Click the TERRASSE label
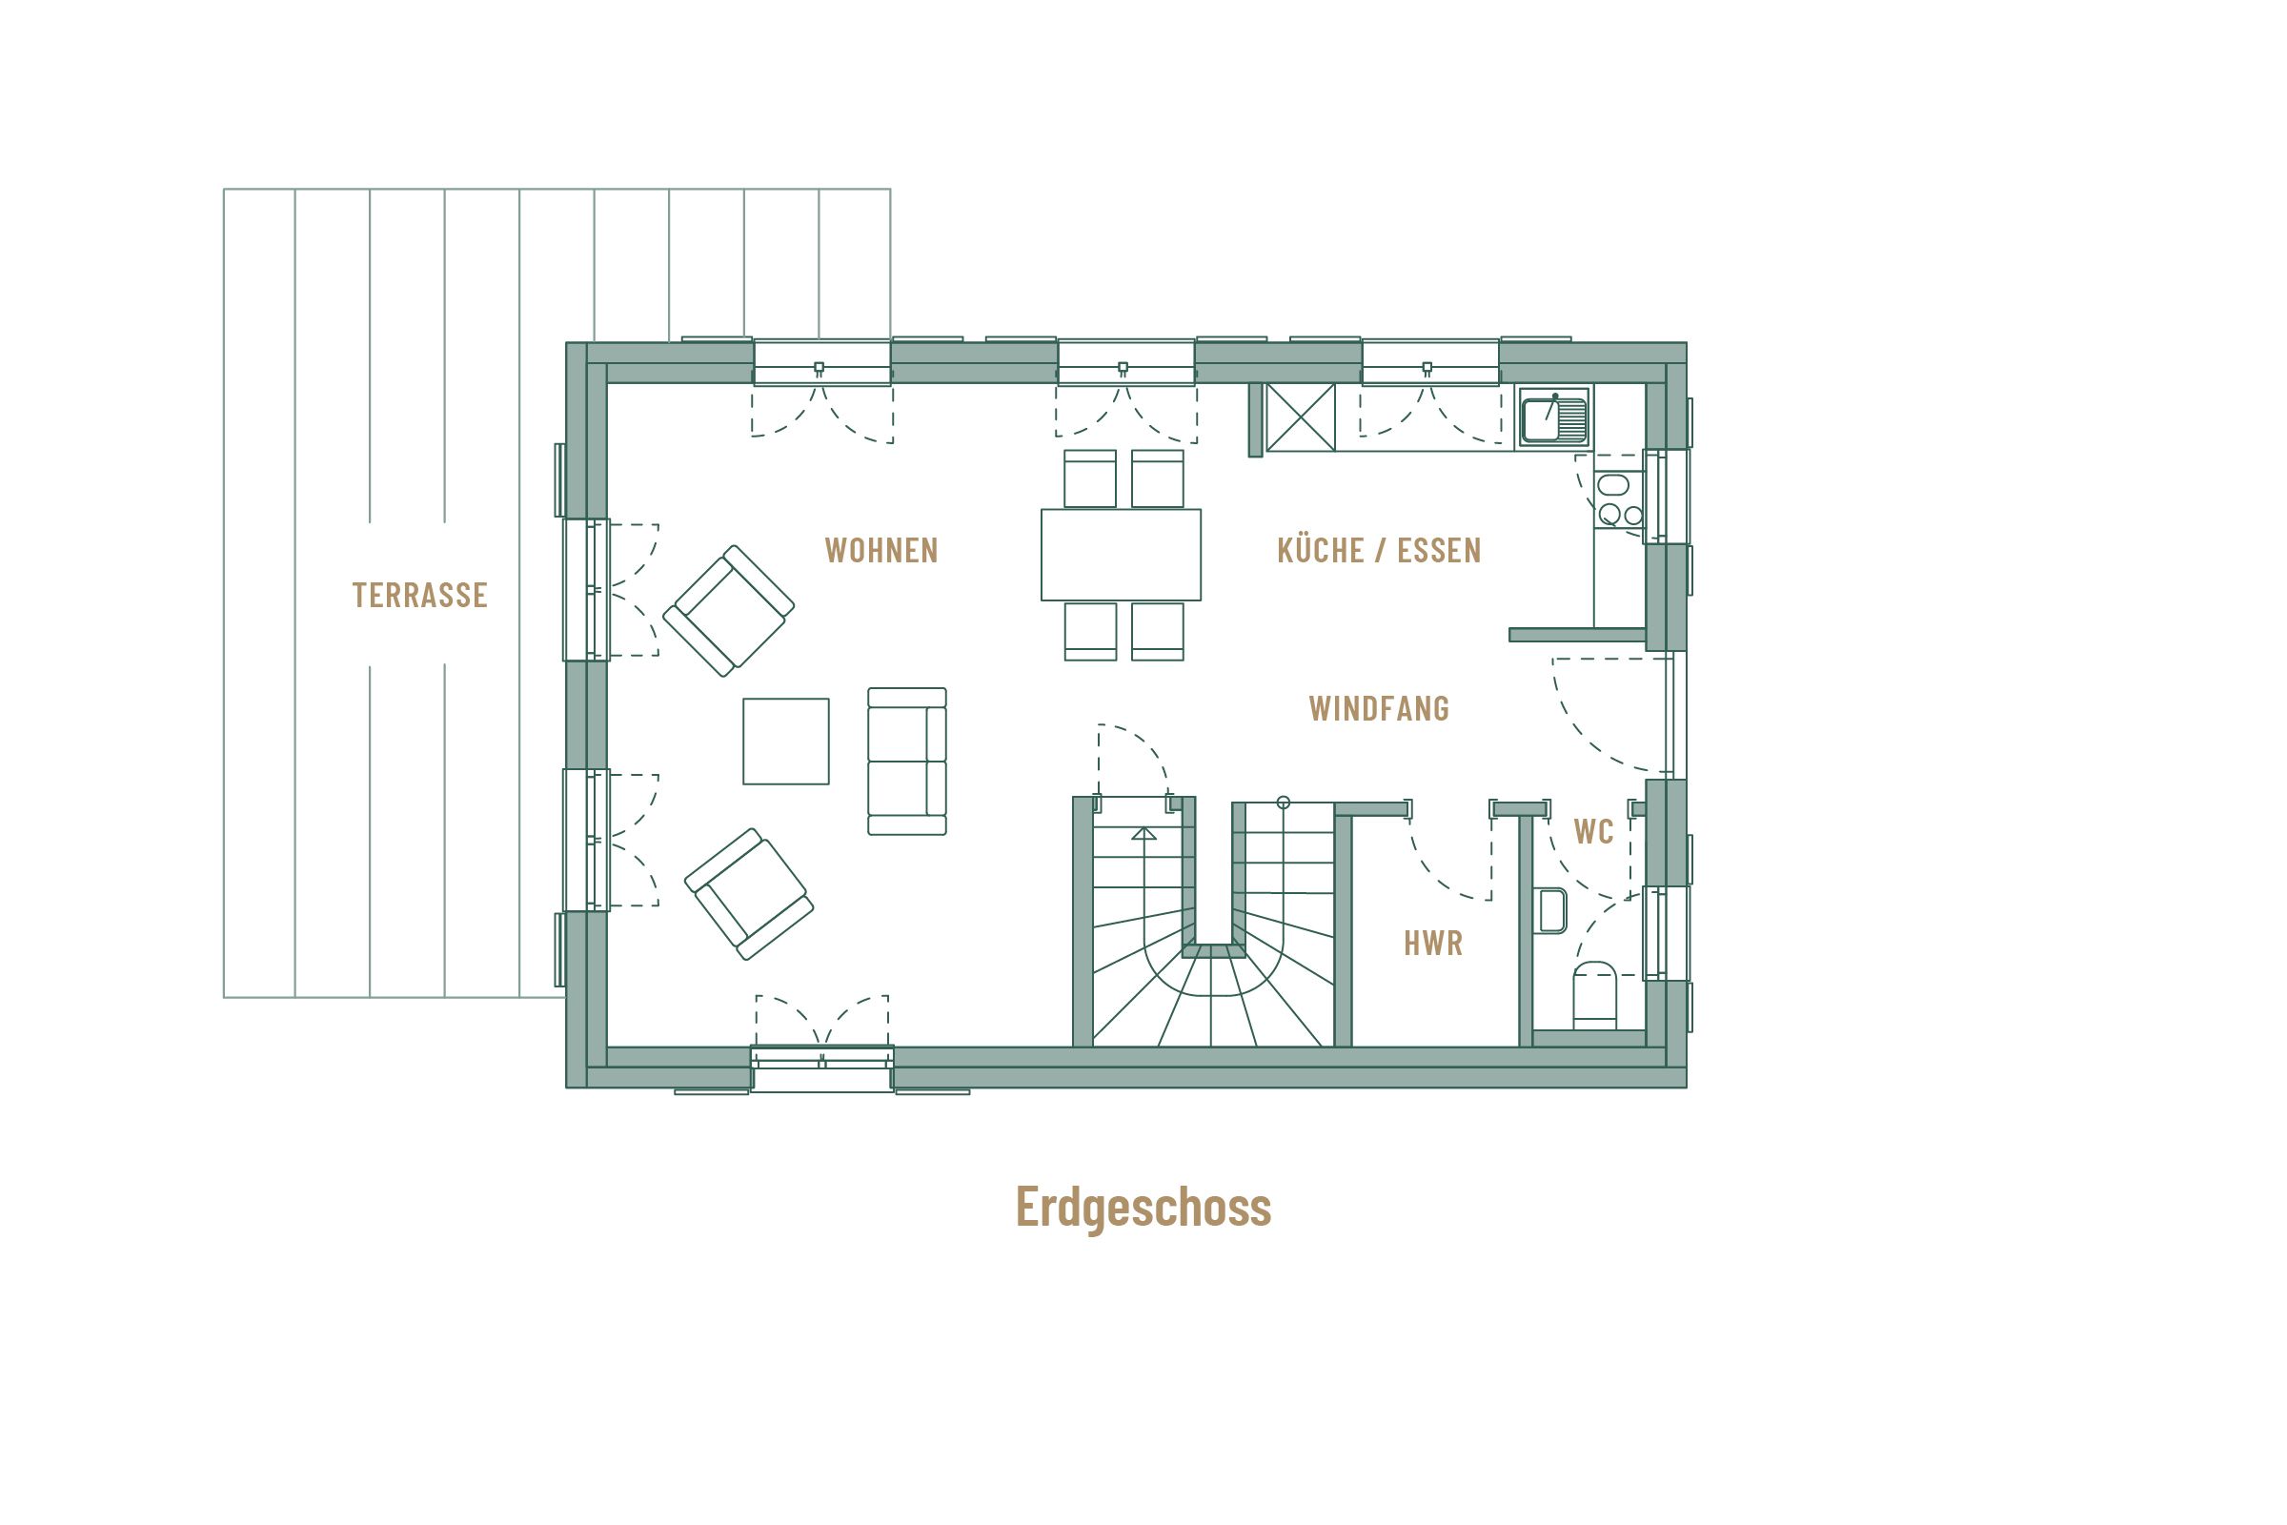pos(419,594)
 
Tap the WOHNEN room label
pos(880,551)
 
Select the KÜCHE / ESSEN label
pos(1378,551)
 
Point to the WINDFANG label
pos(1378,708)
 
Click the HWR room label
pos(1432,943)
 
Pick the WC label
pos(1592,831)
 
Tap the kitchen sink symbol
pos(1553,417)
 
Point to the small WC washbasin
pos(1553,910)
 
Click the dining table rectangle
pos(1121,555)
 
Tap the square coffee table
pos(785,742)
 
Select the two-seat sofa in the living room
pos(906,761)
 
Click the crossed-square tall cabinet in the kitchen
pos(1300,417)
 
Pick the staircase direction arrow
pos(1143,833)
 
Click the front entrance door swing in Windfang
pos(1605,720)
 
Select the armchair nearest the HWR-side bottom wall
pos(749,894)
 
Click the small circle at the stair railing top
pos(1284,803)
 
